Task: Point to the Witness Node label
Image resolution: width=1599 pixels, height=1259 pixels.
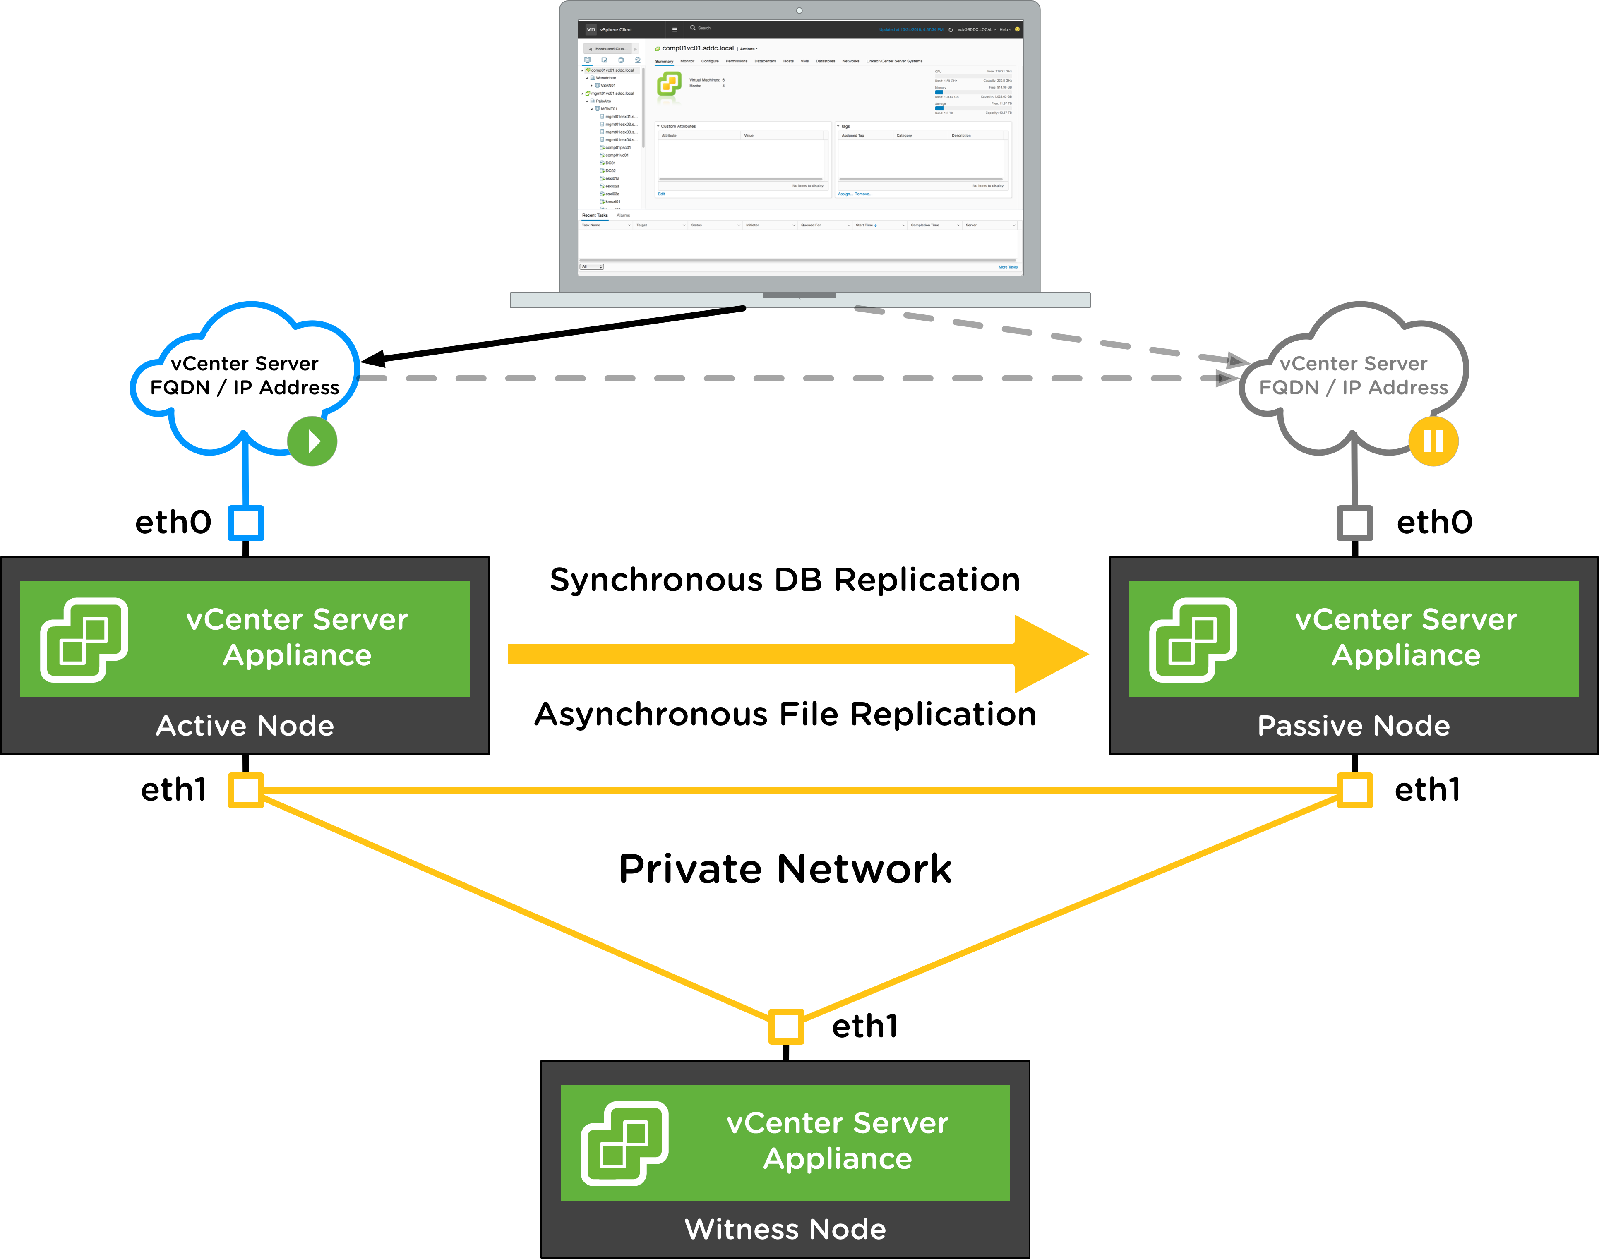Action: (785, 1229)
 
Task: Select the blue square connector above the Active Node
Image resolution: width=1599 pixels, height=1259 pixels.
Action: (245, 523)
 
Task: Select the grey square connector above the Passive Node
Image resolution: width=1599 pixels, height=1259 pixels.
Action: (1355, 523)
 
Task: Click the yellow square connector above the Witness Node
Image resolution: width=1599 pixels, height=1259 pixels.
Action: (786, 1026)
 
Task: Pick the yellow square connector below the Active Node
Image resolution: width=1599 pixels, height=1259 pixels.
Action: (245, 790)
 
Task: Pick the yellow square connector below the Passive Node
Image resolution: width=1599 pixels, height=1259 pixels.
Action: (1355, 790)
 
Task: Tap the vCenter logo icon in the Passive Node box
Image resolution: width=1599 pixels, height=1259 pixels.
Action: (1193, 639)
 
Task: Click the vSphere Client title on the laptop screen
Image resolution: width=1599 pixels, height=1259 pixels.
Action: (616, 29)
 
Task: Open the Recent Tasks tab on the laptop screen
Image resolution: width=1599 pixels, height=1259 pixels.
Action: (595, 215)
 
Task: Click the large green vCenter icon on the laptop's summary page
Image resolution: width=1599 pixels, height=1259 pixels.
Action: (669, 83)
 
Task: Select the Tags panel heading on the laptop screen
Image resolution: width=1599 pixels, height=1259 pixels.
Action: (845, 126)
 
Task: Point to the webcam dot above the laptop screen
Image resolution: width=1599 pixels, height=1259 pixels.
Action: (799, 10)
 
